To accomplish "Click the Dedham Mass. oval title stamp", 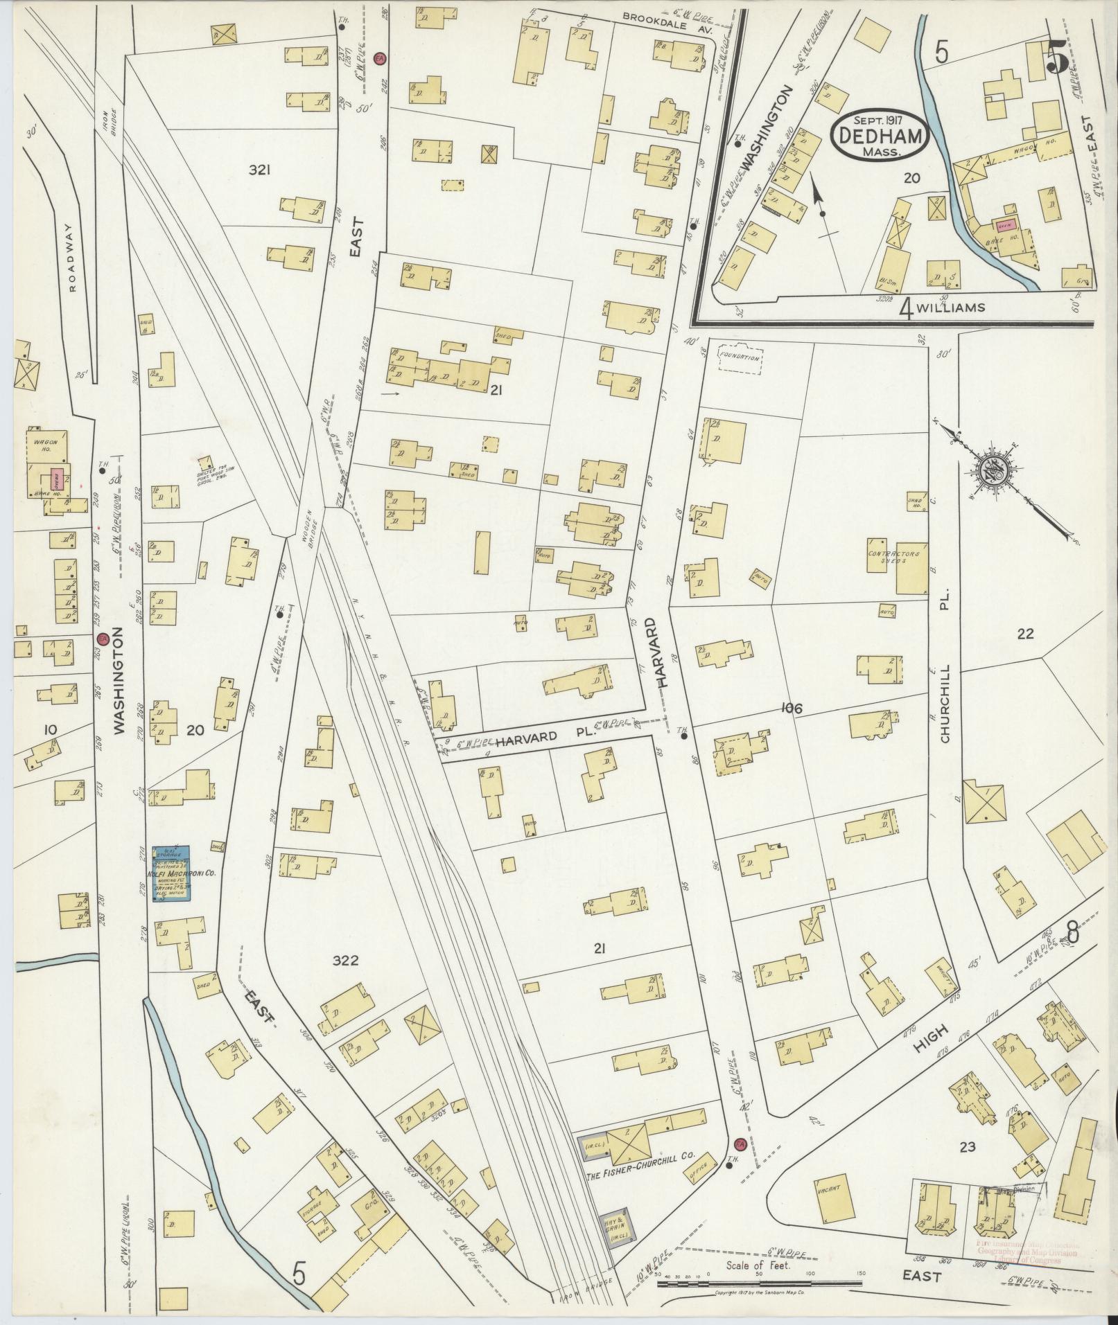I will [x=878, y=136].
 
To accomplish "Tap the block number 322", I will [x=345, y=960].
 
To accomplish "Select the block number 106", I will [x=791, y=708].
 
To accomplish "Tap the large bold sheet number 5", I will [x=1056, y=57].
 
